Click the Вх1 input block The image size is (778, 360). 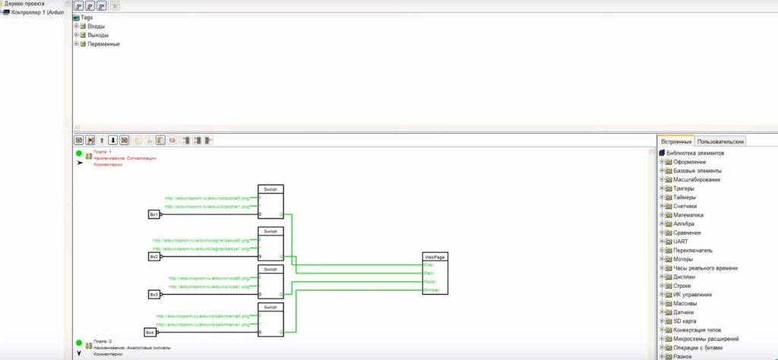(153, 215)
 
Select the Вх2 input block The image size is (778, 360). (153, 257)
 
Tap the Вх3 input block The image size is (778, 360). (153, 294)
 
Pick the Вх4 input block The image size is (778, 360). (150, 332)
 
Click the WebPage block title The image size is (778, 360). (434, 257)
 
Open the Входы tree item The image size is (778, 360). (96, 27)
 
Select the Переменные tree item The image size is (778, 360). (103, 43)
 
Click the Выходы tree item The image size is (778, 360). (98, 35)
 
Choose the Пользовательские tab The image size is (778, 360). (721, 141)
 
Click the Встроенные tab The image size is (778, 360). (676, 141)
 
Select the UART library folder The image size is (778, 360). (681, 242)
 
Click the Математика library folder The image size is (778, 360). (690, 215)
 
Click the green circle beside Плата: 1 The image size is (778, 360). (79, 153)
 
